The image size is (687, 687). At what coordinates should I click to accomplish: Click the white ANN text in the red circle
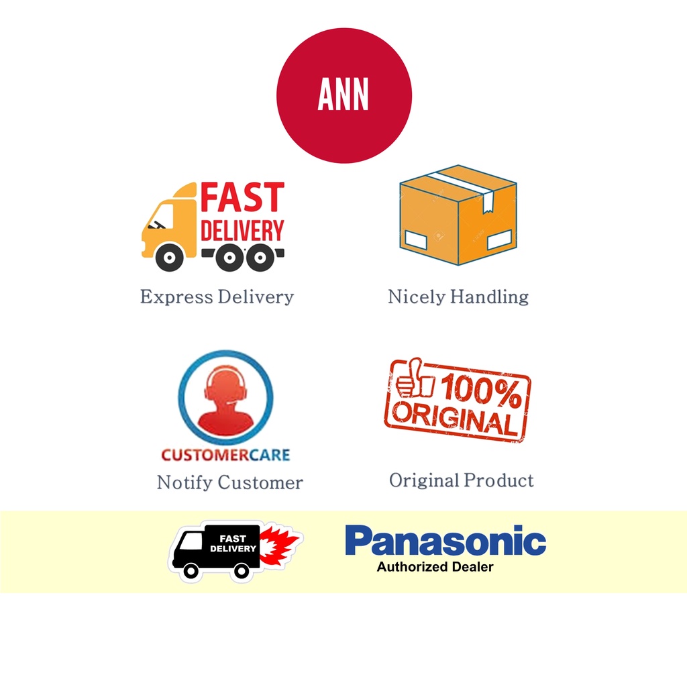click(x=343, y=96)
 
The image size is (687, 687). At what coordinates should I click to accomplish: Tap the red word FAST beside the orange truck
click(x=243, y=198)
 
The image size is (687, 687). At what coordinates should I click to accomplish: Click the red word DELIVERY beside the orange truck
click(x=242, y=231)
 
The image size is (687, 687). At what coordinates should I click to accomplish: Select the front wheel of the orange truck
click(x=168, y=257)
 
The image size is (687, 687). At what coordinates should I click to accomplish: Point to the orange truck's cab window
click(x=161, y=216)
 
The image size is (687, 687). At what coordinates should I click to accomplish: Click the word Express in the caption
click(x=176, y=297)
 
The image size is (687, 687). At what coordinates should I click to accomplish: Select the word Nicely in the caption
click(x=417, y=297)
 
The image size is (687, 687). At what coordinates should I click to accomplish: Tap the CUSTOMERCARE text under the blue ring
click(x=225, y=456)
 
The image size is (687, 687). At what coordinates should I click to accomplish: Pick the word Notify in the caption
click(x=184, y=482)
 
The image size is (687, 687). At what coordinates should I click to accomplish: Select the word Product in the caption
click(x=500, y=480)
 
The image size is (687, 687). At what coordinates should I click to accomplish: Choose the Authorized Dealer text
click(x=435, y=567)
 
